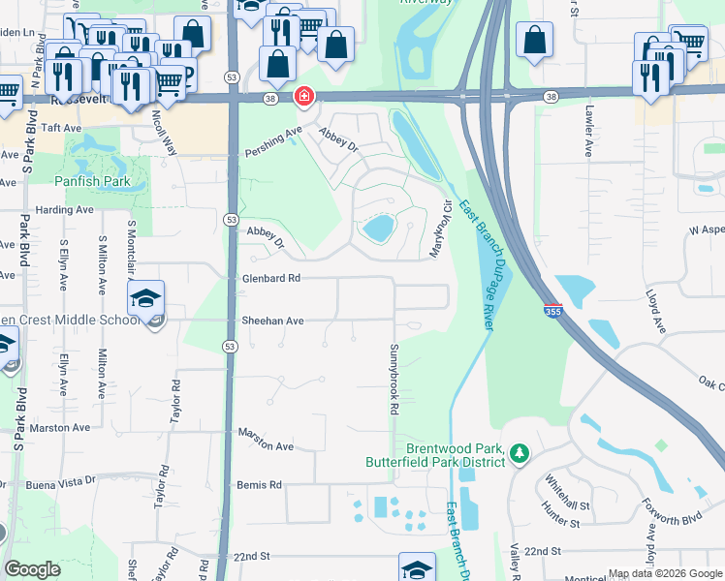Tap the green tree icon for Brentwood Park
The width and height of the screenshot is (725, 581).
pos(520,453)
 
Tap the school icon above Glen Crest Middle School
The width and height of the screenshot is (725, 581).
pos(145,298)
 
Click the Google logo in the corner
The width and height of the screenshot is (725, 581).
pos(33,569)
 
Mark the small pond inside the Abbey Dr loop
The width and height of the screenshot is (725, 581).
pos(377,229)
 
